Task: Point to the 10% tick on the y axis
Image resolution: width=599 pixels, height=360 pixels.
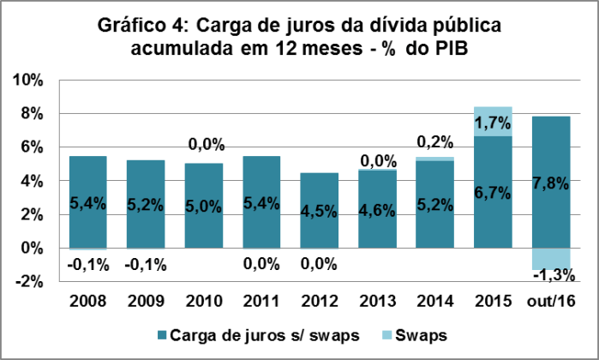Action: (28, 81)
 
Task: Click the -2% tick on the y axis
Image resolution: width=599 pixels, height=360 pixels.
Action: (31, 282)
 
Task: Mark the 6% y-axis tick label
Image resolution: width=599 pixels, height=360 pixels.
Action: (32, 147)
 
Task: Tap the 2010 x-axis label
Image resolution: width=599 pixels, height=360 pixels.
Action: (204, 301)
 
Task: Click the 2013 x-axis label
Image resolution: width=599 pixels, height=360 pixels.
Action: (379, 301)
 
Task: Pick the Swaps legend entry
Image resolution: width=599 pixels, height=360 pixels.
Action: (425, 333)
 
